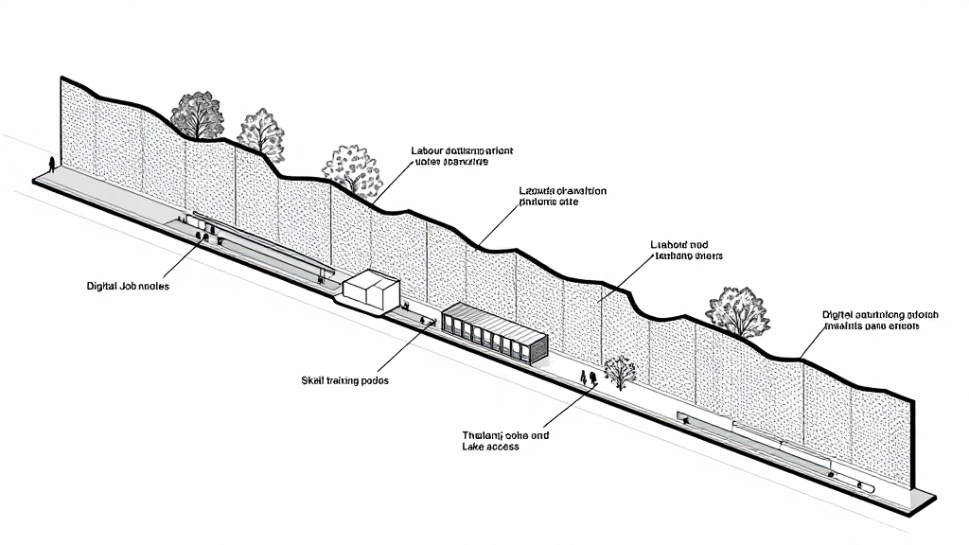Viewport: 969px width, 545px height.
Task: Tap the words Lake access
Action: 490,447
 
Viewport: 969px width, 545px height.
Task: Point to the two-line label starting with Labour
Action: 461,156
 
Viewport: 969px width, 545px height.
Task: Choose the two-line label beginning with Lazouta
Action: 563,196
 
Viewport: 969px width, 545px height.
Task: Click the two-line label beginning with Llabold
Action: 686,250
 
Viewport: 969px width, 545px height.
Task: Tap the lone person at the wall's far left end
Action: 50,163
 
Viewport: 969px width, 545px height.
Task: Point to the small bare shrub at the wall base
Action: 620,372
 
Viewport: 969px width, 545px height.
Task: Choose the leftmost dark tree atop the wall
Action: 198,115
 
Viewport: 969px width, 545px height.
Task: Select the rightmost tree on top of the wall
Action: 737,310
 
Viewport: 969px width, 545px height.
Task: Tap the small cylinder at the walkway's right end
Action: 865,487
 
